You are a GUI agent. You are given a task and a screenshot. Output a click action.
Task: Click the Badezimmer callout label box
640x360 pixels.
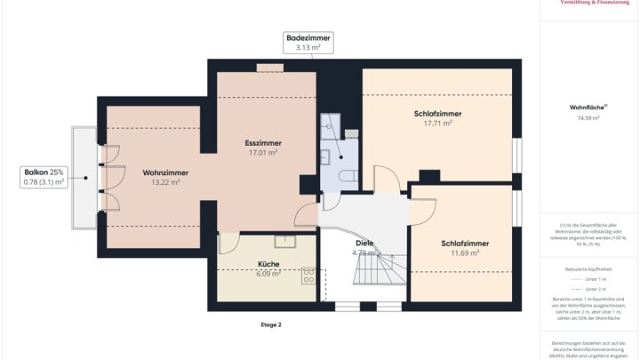(x=308, y=43)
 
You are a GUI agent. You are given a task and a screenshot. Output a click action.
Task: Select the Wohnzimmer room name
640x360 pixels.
(x=165, y=172)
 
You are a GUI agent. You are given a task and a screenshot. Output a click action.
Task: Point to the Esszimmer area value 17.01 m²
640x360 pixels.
(x=263, y=153)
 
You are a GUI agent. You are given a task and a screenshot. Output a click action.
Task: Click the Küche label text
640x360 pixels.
(x=268, y=264)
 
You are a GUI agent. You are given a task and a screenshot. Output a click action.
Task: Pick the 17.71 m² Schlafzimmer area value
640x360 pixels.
(x=437, y=124)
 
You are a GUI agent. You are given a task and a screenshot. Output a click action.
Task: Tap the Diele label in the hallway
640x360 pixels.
(x=364, y=243)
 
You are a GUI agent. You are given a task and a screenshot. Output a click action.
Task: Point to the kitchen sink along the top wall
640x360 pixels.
(x=285, y=240)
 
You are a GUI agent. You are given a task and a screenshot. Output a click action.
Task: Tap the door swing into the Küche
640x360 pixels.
(x=227, y=242)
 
